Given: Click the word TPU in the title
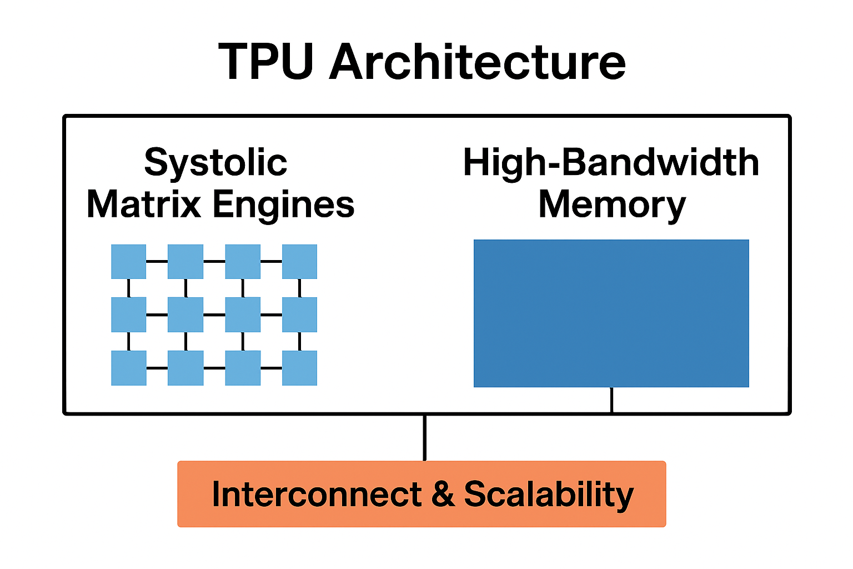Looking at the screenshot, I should (266, 62).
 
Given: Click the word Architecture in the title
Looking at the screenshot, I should (478, 62).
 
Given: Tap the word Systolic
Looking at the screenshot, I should (215, 163).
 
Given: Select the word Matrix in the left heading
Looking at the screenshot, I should (144, 204).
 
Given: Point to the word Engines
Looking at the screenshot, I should (284, 205).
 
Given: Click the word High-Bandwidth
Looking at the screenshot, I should (611, 163).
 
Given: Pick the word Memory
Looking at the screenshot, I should (612, 205).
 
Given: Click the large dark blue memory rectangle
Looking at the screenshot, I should (611, 313).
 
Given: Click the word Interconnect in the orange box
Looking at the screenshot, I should (317, 494).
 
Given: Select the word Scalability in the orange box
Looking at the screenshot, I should (549, 494).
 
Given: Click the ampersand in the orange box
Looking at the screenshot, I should (443, 494).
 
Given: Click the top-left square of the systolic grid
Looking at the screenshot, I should (128, 261).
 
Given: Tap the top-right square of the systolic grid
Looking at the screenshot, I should (299, 261).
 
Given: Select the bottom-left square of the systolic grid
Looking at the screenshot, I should (128, 368).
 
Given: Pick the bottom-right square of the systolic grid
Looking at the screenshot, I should (299, 368).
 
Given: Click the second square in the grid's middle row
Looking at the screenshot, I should (185, 315).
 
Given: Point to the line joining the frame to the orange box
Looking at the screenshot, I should (425, 438).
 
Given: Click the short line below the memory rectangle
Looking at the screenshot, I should (611, 400).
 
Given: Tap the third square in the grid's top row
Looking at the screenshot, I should (243, 261).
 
